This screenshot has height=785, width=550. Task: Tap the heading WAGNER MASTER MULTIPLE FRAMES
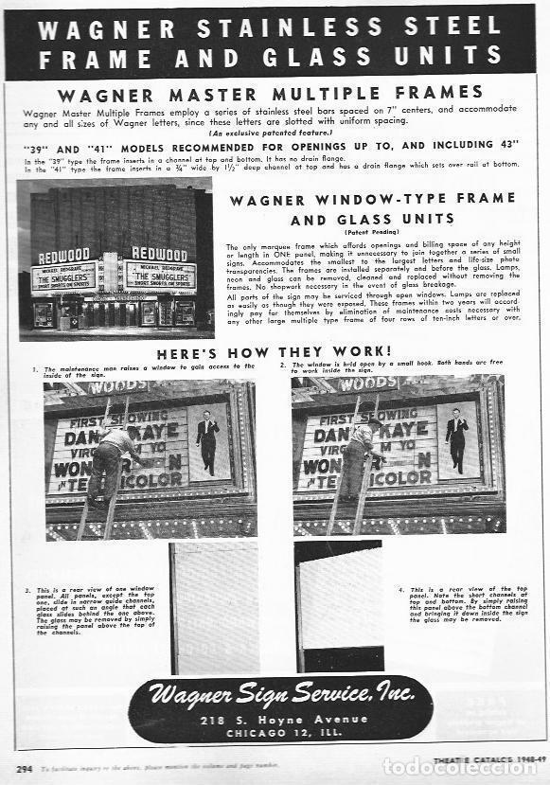[x=270, y=93]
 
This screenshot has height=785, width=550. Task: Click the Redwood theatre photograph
[x=115, y=259]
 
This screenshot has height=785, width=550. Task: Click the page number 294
[x=25, y=767]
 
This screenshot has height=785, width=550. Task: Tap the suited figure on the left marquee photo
[x=207, y=440]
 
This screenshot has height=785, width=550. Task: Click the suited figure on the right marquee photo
[x=456, y=440]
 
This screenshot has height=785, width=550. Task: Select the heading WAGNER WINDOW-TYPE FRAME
[x=373, y=200]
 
